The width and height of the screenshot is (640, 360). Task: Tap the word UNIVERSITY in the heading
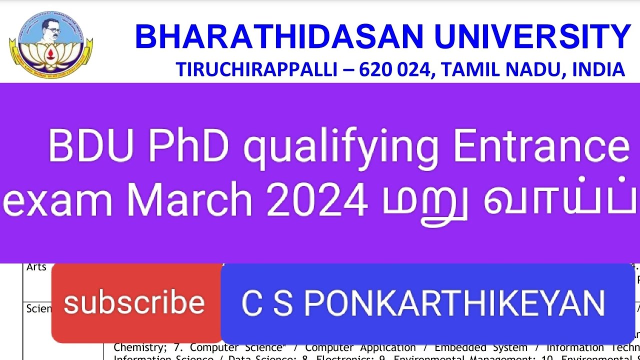click(533, 37)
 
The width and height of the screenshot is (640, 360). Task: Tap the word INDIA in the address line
click(597, 70)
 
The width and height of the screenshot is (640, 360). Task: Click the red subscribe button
click(135, 303)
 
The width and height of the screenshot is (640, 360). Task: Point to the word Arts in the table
click(36, 267)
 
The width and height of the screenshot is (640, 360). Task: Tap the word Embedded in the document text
click(455, 347)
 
